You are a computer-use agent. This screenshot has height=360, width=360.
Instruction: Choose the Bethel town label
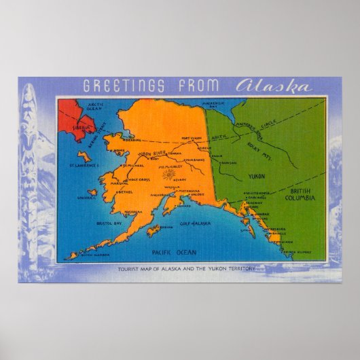click(124, 192)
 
